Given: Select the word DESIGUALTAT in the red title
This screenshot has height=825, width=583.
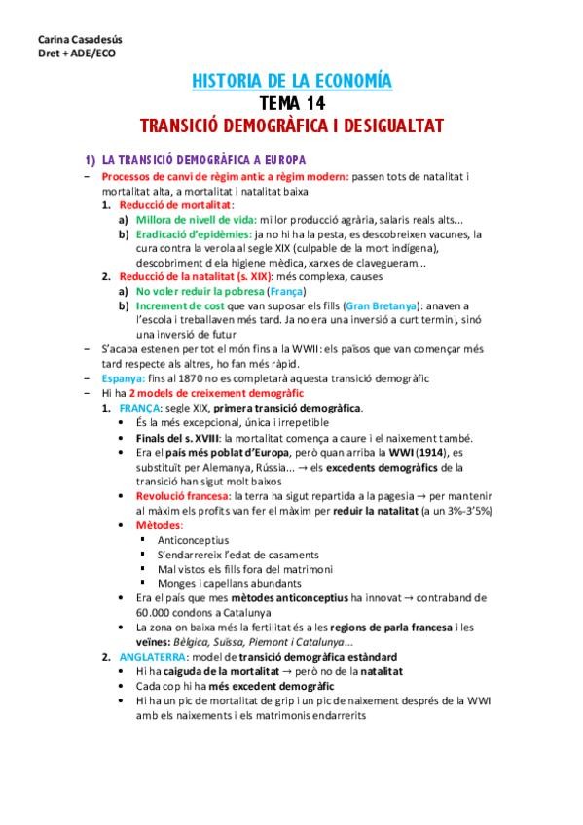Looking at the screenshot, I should [389, 126].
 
